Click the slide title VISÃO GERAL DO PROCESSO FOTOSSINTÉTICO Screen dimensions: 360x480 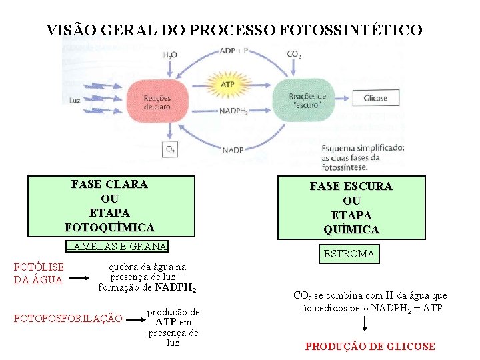click(234, 30)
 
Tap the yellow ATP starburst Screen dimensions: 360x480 click(227, 85)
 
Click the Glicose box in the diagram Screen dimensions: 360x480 click(375, 98)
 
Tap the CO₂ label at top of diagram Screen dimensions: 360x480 click(294, 54)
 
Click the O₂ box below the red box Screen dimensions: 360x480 click(170, 149)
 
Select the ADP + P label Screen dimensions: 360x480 click(234, 51)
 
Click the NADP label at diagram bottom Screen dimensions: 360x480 click(233, 150)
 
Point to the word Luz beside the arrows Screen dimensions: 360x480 click(75, 101)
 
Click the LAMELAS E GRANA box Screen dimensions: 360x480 click(117, 246)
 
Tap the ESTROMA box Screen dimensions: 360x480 click(349, 254)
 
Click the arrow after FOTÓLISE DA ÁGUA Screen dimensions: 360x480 click(84, 277)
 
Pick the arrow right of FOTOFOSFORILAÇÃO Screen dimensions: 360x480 click(134, 319)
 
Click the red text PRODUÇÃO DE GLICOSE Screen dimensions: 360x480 click(370, 346)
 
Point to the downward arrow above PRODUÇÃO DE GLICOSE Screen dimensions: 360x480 click(365, 325)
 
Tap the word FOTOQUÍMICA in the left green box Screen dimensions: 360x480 click(109, 227)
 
